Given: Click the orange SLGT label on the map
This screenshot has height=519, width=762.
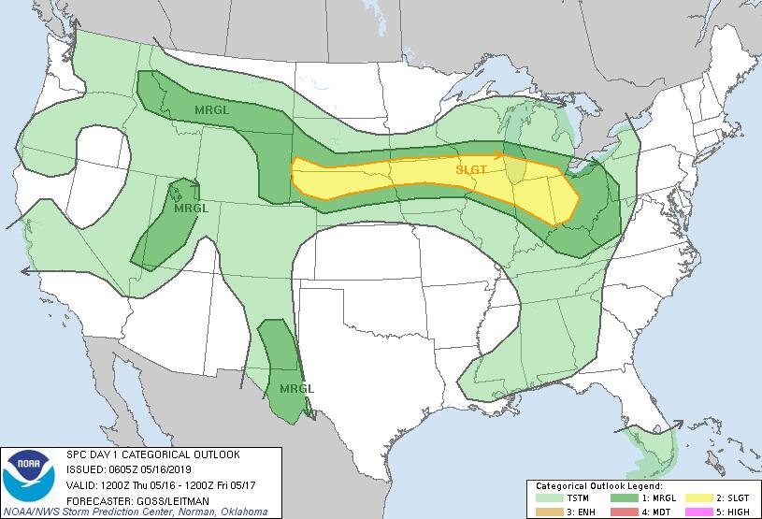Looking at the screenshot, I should [x=470, y=171].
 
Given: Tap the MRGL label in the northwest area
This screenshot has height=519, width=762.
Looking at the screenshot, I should [x=211, y=110].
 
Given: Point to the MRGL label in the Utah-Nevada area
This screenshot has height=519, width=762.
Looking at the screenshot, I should [x=191, y=208].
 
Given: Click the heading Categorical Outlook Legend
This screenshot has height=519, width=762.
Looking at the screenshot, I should [x=598, y=486].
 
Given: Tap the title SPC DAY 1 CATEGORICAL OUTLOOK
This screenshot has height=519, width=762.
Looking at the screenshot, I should [x=152, y=454].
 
